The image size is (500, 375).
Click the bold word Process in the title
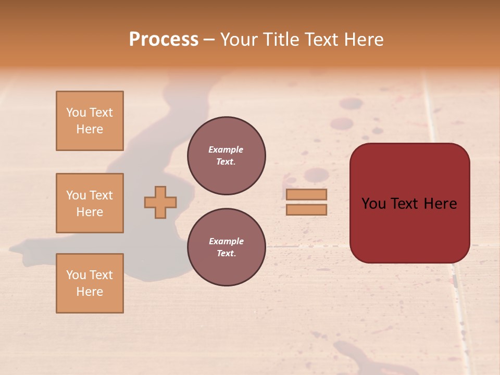coord(164,40)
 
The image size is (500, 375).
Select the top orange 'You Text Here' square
coord(90,121)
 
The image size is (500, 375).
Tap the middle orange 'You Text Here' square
coord(90,203)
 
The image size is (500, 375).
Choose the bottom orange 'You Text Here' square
coord(90,283)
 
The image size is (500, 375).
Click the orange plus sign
coord(160,202)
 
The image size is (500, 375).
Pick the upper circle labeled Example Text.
coord(226,155)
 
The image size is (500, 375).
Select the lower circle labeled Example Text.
coord(226,247)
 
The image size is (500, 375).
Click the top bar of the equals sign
coord(306,195)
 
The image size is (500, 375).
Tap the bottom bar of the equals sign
coord(306,210)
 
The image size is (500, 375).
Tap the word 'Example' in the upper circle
coord(226,149)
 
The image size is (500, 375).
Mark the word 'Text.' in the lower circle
coord(226,254)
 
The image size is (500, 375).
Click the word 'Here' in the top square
coord(90,129)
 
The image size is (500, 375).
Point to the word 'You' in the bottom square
coord(76,275)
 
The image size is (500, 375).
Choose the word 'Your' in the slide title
coord(240,40)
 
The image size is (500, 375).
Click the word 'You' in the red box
coord(373,204)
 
